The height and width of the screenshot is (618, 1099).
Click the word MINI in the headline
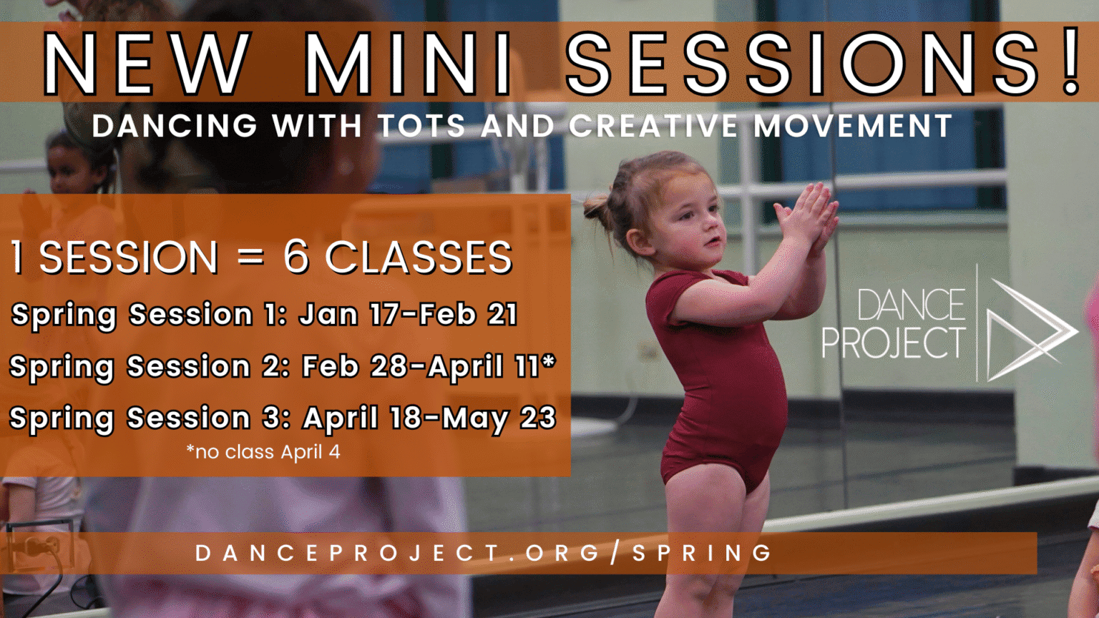point(409,64)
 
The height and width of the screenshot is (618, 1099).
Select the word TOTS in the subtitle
point(421,126)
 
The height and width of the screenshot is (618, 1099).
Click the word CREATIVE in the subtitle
point(653,126)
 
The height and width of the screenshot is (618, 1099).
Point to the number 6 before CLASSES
point(295,257)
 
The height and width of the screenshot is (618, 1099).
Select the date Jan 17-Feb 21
point(409,314)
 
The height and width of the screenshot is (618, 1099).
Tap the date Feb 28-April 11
point(424,367)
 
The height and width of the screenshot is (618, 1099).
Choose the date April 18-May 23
point(429,418)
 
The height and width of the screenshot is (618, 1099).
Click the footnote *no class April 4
point(263,452)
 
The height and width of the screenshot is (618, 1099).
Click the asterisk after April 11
point(549,360)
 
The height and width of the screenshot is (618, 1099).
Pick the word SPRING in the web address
point(702,553)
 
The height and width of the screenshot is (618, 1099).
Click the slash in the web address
point(615,553)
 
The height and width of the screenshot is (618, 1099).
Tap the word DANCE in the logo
point(911,305)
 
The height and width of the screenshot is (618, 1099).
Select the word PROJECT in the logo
point(894,343)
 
